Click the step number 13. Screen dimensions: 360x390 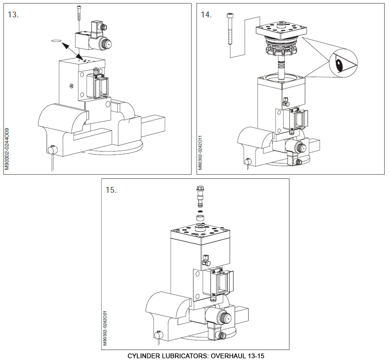pos(13,15)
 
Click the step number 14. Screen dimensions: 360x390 pos(206,15)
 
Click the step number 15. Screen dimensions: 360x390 pos(111,190)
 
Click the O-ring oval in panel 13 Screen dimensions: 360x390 pos(56,40)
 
